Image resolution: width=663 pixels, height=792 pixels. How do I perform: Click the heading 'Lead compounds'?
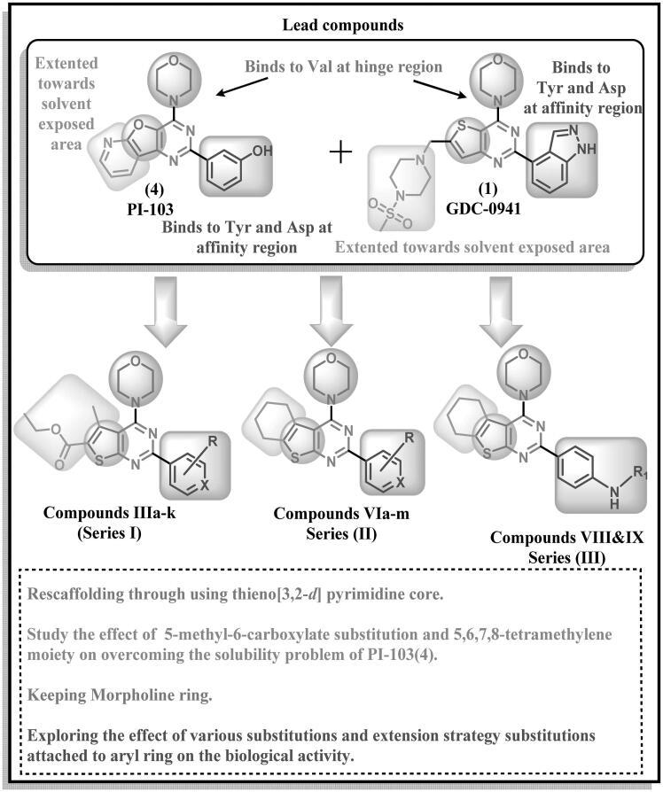click(331, 24)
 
